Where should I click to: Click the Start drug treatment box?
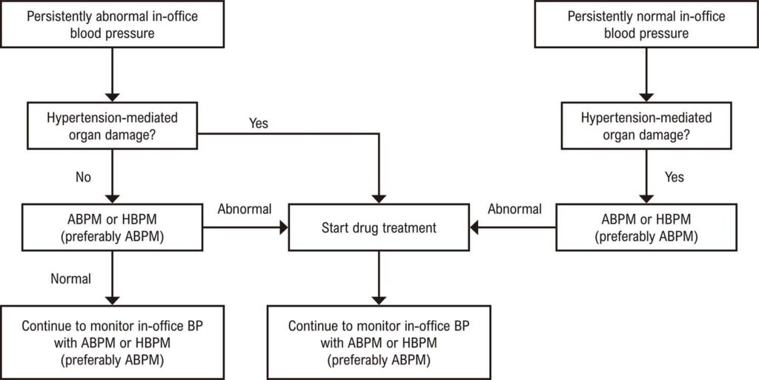pos(379,227)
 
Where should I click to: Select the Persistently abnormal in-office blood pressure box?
pos(113,24)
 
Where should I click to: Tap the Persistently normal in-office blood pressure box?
pos(646,24)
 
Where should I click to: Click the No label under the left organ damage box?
pos(83,178)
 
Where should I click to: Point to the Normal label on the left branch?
pos(70,279)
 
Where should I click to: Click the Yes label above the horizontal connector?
pos(259,123)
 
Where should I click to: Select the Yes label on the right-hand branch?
pos(675,177)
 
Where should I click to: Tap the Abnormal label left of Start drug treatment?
pos(245,210)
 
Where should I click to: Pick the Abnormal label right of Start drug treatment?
pos(514,210)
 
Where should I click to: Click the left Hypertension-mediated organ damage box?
pos(113,125)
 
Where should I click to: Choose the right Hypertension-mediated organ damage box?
pos(646,125)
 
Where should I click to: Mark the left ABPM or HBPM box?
pos(113,227)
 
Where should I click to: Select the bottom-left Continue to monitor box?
pos(113,341)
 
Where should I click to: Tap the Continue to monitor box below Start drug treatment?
pos(379,341)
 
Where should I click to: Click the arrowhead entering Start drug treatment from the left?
pos(283,227)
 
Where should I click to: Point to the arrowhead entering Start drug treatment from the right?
pos(474,227)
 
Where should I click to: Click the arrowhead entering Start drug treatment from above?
pos(379,199)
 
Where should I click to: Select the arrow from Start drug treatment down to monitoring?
pos(379,278)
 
